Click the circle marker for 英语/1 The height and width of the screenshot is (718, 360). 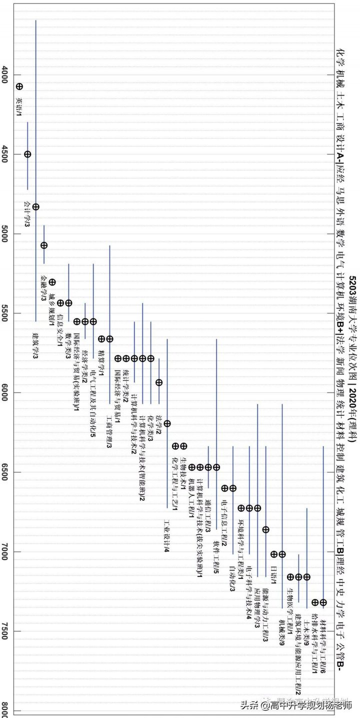tap(19, 87)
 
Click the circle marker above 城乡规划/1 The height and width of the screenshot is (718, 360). tap(52, 282)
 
